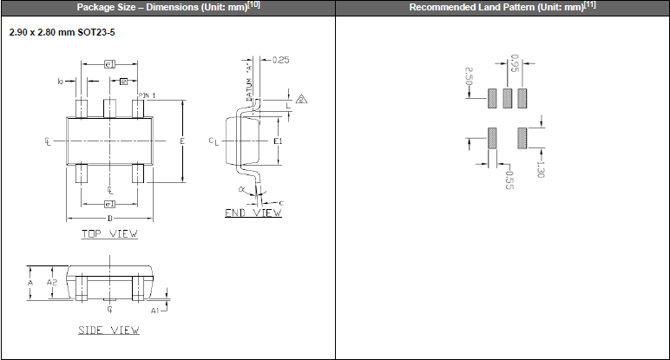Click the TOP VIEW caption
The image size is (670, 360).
pos(109,233)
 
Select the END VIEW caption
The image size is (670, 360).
pos(253,213)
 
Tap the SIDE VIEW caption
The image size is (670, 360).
pos(109,330)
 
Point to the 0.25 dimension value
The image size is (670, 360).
pos(280,60)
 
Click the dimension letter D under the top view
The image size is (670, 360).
pos(110,218)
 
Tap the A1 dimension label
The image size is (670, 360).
pos(155,309)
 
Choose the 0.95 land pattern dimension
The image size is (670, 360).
pos(515,63)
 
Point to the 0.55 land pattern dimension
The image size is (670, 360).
pos(510,179)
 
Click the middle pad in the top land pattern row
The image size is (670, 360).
pos(508,98)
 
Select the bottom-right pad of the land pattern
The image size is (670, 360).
pos(522,138)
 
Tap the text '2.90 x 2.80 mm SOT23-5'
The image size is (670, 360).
pos(62,32)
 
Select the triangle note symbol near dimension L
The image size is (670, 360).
pos(301,99)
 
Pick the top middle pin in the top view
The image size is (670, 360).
pos(110,108)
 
